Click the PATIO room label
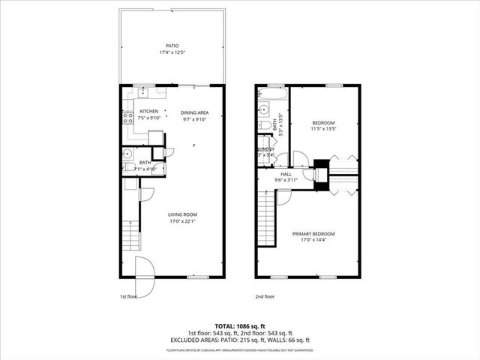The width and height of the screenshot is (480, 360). point(173,45)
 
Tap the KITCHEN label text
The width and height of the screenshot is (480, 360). point(148,111)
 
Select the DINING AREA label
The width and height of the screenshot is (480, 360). point(194,112)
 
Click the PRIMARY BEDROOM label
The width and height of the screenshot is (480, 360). point(313,235)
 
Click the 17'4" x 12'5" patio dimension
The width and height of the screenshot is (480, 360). point(173,52)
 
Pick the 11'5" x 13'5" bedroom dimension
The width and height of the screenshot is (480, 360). point(324,128)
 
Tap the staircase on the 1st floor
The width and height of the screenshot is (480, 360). point(130,235)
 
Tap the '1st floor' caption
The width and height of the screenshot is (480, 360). point(129,296)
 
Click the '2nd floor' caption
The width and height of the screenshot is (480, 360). point(265,296)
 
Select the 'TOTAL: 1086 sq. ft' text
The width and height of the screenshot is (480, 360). point(238,326)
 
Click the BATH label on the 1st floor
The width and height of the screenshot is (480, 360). point(145,162)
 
